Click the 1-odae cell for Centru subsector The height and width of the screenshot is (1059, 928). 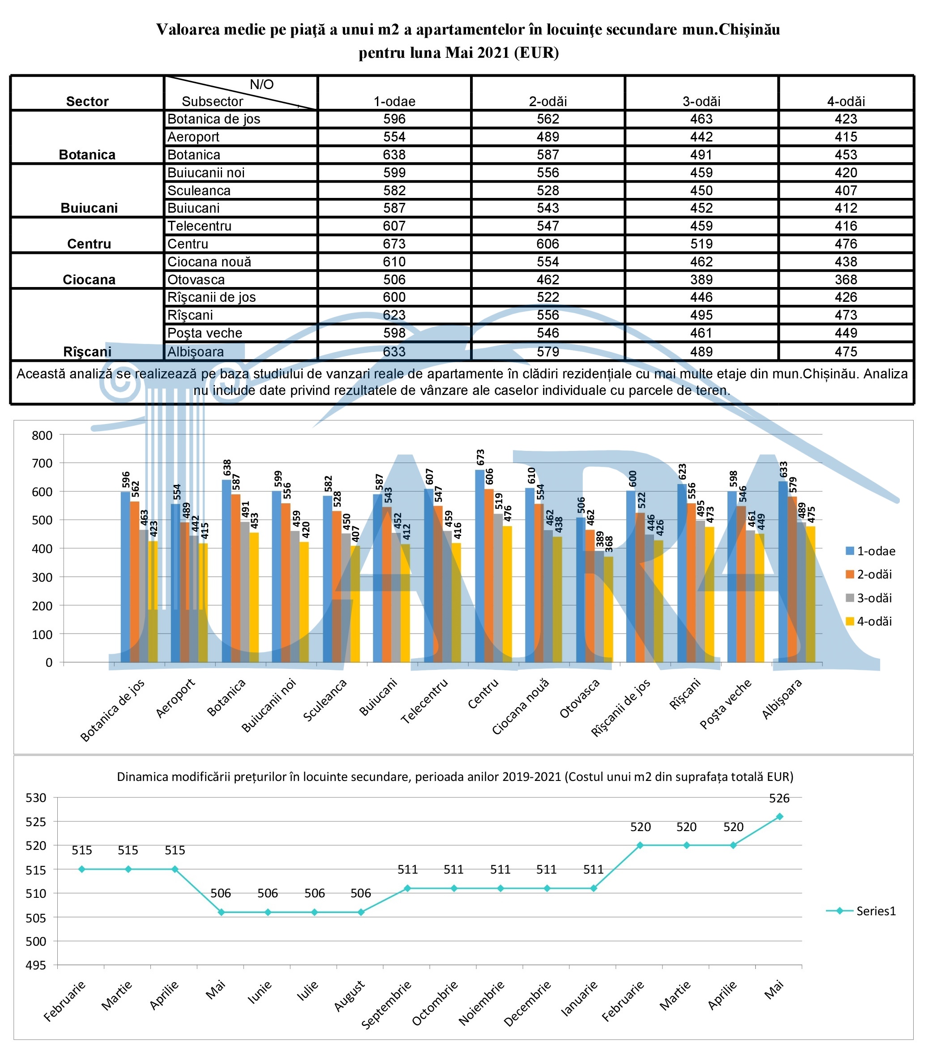click(x=394, y=244)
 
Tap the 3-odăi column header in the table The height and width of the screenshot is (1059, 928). click(x=701, y=102)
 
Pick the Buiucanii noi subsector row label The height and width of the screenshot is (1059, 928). click(x=205, y=172)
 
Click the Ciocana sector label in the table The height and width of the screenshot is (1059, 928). click(x=89, y=280)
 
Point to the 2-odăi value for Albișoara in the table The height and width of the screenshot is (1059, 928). click(x=547, y=352)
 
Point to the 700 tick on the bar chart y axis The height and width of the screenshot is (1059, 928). click(x=43, y=463)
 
